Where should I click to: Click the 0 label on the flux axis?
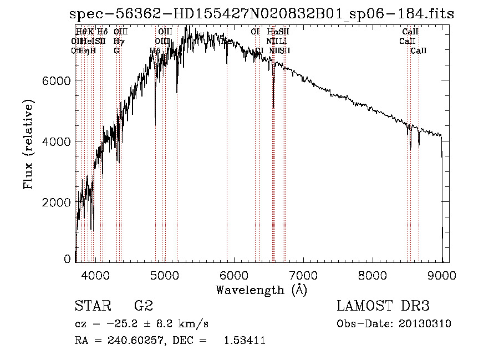(67, 259)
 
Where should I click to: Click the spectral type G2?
(144, 307)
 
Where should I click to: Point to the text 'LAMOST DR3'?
(383, 307)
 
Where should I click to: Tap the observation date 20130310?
(425, 324)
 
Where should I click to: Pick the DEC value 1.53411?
(244, 341)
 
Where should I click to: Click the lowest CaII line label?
(419, 51)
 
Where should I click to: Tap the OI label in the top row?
(255, 32)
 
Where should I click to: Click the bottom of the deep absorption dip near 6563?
(273, 107)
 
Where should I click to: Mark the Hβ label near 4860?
(155, 51)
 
